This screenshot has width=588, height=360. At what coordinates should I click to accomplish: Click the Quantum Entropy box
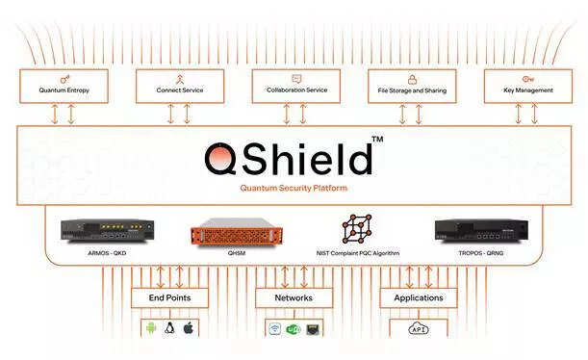[x=64, y=86]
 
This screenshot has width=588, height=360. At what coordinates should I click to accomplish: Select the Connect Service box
[x=179, y=86]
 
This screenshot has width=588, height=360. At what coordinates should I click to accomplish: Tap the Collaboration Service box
[x=295, y=86]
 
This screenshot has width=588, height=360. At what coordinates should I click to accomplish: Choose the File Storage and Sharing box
[x=411, y=86]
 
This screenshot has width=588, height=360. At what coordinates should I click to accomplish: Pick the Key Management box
[x=527, y=86]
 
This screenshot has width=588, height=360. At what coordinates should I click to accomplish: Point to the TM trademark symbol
[x=377, y=141]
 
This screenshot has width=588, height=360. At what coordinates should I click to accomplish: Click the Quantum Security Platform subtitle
[x=294, y=189]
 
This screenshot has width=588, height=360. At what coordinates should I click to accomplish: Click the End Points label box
[x=168, y=297]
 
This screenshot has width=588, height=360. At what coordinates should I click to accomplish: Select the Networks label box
[x=294, y=297]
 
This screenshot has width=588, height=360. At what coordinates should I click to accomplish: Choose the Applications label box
[x=418, y=297]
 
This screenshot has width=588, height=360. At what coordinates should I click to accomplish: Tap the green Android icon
[x=149, y=328]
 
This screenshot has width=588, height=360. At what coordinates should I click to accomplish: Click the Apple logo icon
[x=189, y=328]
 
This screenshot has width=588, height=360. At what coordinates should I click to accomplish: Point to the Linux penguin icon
[x=169, y=328]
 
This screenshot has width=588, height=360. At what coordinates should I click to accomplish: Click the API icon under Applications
[x=419, y=329]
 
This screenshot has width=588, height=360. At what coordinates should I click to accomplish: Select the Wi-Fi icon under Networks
[x=274, y=329]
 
